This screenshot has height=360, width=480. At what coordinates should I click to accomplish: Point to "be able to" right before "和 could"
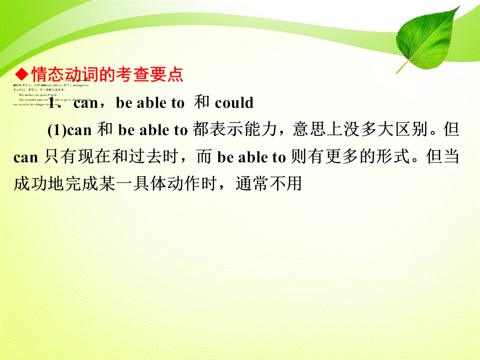click(150, 103)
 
